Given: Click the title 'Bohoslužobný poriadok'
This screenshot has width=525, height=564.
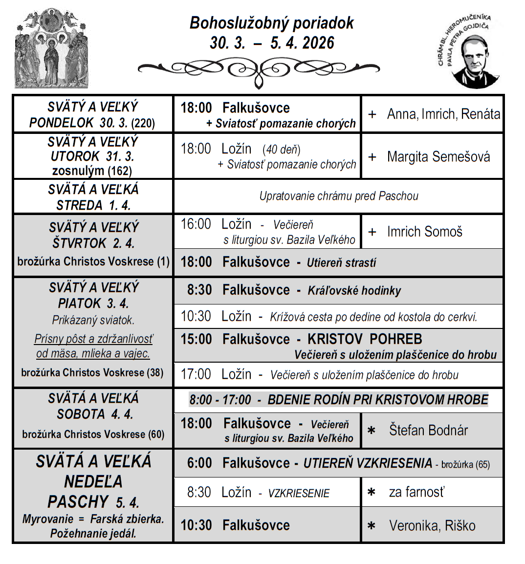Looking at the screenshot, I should (271, 23).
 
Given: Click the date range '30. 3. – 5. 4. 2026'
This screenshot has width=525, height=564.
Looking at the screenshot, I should (272, 43).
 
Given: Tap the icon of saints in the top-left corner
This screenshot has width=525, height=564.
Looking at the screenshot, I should (51, 49).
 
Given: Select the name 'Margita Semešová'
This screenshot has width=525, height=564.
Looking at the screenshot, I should (438, 156).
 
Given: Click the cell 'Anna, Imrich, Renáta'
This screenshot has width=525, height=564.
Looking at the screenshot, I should (443, 114).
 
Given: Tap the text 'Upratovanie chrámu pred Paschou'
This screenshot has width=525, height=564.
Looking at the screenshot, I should (339, 196).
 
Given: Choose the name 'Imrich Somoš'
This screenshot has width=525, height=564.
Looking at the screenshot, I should (424, 232).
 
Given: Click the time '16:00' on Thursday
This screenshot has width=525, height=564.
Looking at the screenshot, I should (196, 224).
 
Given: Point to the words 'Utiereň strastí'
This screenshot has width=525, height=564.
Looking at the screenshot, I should (341, 263).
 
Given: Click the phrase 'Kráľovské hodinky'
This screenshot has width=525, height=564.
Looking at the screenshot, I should (354, 291).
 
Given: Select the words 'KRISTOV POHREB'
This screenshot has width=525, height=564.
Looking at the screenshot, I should (365, 339).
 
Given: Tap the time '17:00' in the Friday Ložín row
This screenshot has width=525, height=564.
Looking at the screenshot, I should (196, 374).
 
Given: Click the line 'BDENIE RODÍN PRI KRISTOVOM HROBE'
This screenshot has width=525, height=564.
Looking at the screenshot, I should (377, 400).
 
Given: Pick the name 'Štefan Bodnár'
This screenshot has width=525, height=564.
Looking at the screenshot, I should (428, 430).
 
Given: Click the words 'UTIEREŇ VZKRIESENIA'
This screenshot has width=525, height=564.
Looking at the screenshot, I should (368, 463).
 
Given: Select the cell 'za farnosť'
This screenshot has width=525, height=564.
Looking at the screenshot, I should (416, 492).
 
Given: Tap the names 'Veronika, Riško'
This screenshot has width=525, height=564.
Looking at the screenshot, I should (432, 525).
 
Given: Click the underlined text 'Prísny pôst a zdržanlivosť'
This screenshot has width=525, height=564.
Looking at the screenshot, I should (93, 339).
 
